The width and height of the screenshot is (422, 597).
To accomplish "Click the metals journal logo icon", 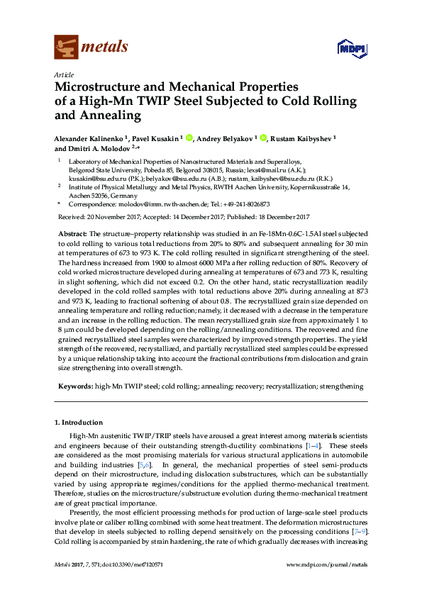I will (x=65, y=48).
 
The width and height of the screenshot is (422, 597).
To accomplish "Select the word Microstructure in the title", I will (x=94, y=87).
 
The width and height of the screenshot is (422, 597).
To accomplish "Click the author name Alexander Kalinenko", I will (x=88, y=138).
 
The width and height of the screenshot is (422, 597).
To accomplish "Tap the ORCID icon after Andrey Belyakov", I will (x=264, y=138).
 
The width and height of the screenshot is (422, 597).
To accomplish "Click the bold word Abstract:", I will (x=71, y=233).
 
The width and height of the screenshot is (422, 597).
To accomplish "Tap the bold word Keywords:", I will (x=74, y=386).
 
